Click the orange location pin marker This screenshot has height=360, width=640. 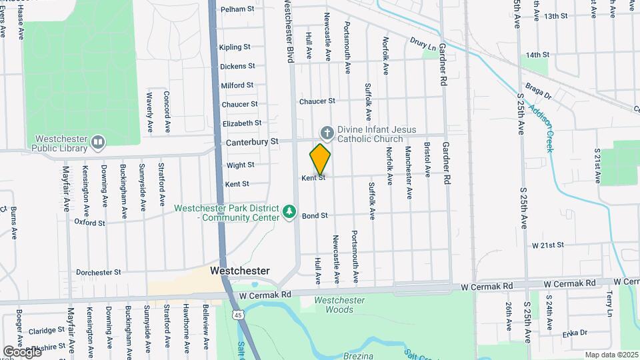320,159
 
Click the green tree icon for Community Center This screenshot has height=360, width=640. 289,212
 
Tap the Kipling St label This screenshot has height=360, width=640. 235,47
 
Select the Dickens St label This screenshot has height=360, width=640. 238,66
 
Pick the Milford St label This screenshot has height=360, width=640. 237,85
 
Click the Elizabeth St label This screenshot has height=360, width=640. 242,123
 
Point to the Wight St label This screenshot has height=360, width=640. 240,165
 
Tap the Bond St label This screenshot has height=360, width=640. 315,216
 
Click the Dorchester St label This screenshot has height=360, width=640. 98,272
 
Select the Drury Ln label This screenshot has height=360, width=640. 423,44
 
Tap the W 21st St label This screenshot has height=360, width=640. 548,245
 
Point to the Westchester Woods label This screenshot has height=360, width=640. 339,305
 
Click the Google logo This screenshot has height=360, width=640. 21,351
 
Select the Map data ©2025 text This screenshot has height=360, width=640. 611,355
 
